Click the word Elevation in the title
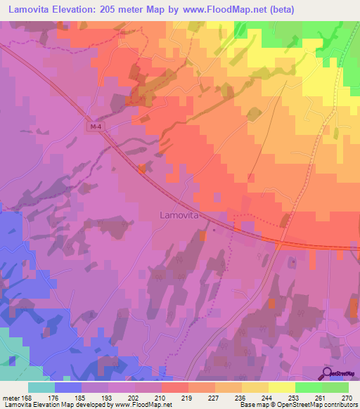coord(78,9)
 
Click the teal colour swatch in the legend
coord(41,387)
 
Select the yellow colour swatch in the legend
coord(282,387)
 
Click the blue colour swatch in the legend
coord(68,387)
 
